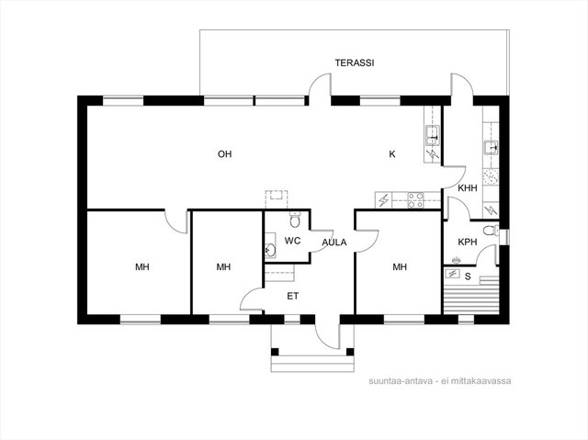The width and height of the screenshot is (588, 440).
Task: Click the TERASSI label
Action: pyautogui.click(x=355, y=62)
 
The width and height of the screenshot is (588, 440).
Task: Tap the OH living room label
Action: pyautogui.click(x=224, y=154)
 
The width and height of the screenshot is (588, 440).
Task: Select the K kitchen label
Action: pyautogui.click(x=392, y=154)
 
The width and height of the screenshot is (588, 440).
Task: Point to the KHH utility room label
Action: pyautogui.click(x=468, y=187)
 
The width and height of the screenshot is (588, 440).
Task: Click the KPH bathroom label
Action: pyautogui.click(x=468, y=243)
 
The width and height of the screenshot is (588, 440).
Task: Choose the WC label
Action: pyautogui.click(x=292, y=241)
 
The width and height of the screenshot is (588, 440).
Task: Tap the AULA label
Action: pyautogui.click(x=334, y=243)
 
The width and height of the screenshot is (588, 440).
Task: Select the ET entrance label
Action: pyautogui.click(x=293, y=296)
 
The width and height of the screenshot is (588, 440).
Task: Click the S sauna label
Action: pyautogui.click(x=468, y=276)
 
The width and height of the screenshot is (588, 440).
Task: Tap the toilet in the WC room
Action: pyautogui.click(x=295, y=220)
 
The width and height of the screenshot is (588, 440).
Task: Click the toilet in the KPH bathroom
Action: pyautogui.click(x=491, y=231)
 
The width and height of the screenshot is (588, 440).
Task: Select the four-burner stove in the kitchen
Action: pyautogui.click(x=415, y=199)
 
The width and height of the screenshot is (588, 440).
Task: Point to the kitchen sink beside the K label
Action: pyautogui.click(x=433, y=135)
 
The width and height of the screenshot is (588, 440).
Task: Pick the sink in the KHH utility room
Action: pyautogui.click(x=492, y=148)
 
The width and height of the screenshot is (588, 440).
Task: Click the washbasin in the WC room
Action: pyautogui.click(x=270, y=249)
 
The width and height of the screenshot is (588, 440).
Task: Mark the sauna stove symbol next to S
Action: pyautogui.click(x=452, y=274)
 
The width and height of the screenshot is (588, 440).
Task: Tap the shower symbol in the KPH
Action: pyautogui.click(x=456, y=259)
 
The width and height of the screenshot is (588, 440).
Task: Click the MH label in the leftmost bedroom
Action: pyautogui.click(x=142, y=267)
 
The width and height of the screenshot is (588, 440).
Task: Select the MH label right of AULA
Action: pyautogui.click(x=400, y=267)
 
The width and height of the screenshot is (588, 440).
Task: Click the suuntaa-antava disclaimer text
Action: pyautogui.click(x=439, y=381)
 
